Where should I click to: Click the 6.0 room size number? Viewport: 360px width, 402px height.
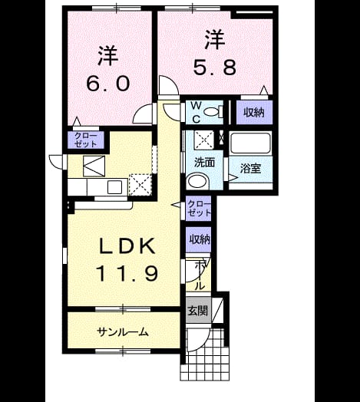tap(107, 84)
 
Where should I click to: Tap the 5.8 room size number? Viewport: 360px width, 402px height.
tap(214, 68)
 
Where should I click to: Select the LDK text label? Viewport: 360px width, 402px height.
tap(127, 245)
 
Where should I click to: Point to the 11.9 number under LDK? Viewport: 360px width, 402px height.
tap(127, 273)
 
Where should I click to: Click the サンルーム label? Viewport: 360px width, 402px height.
tap(123, 332)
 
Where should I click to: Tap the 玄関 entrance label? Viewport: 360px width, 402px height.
tap(198, 311)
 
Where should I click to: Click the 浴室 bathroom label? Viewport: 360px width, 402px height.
tap(251, 168)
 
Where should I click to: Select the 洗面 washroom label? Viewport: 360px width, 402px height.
tap(204, 163)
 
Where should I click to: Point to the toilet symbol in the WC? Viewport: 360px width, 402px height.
tap(213, 112)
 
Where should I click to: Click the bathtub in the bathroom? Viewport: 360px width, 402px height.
tap(250, 143)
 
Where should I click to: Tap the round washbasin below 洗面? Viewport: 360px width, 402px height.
tap(197, 181)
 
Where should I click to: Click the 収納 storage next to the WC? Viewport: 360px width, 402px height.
tap(254, 112)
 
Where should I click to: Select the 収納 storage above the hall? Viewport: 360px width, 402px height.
tap(199, 239)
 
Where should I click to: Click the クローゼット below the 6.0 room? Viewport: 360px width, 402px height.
tap(86, 140)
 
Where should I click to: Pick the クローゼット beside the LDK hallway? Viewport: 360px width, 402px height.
tap(199, 208)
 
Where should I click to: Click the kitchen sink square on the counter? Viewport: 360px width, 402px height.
tap(114, 187)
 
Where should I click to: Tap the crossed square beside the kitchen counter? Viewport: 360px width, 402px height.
tap(140, 184)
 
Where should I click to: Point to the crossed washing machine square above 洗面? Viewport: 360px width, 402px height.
tap(204, 140)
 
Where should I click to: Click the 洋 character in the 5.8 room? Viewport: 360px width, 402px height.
tap(215, 40)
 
